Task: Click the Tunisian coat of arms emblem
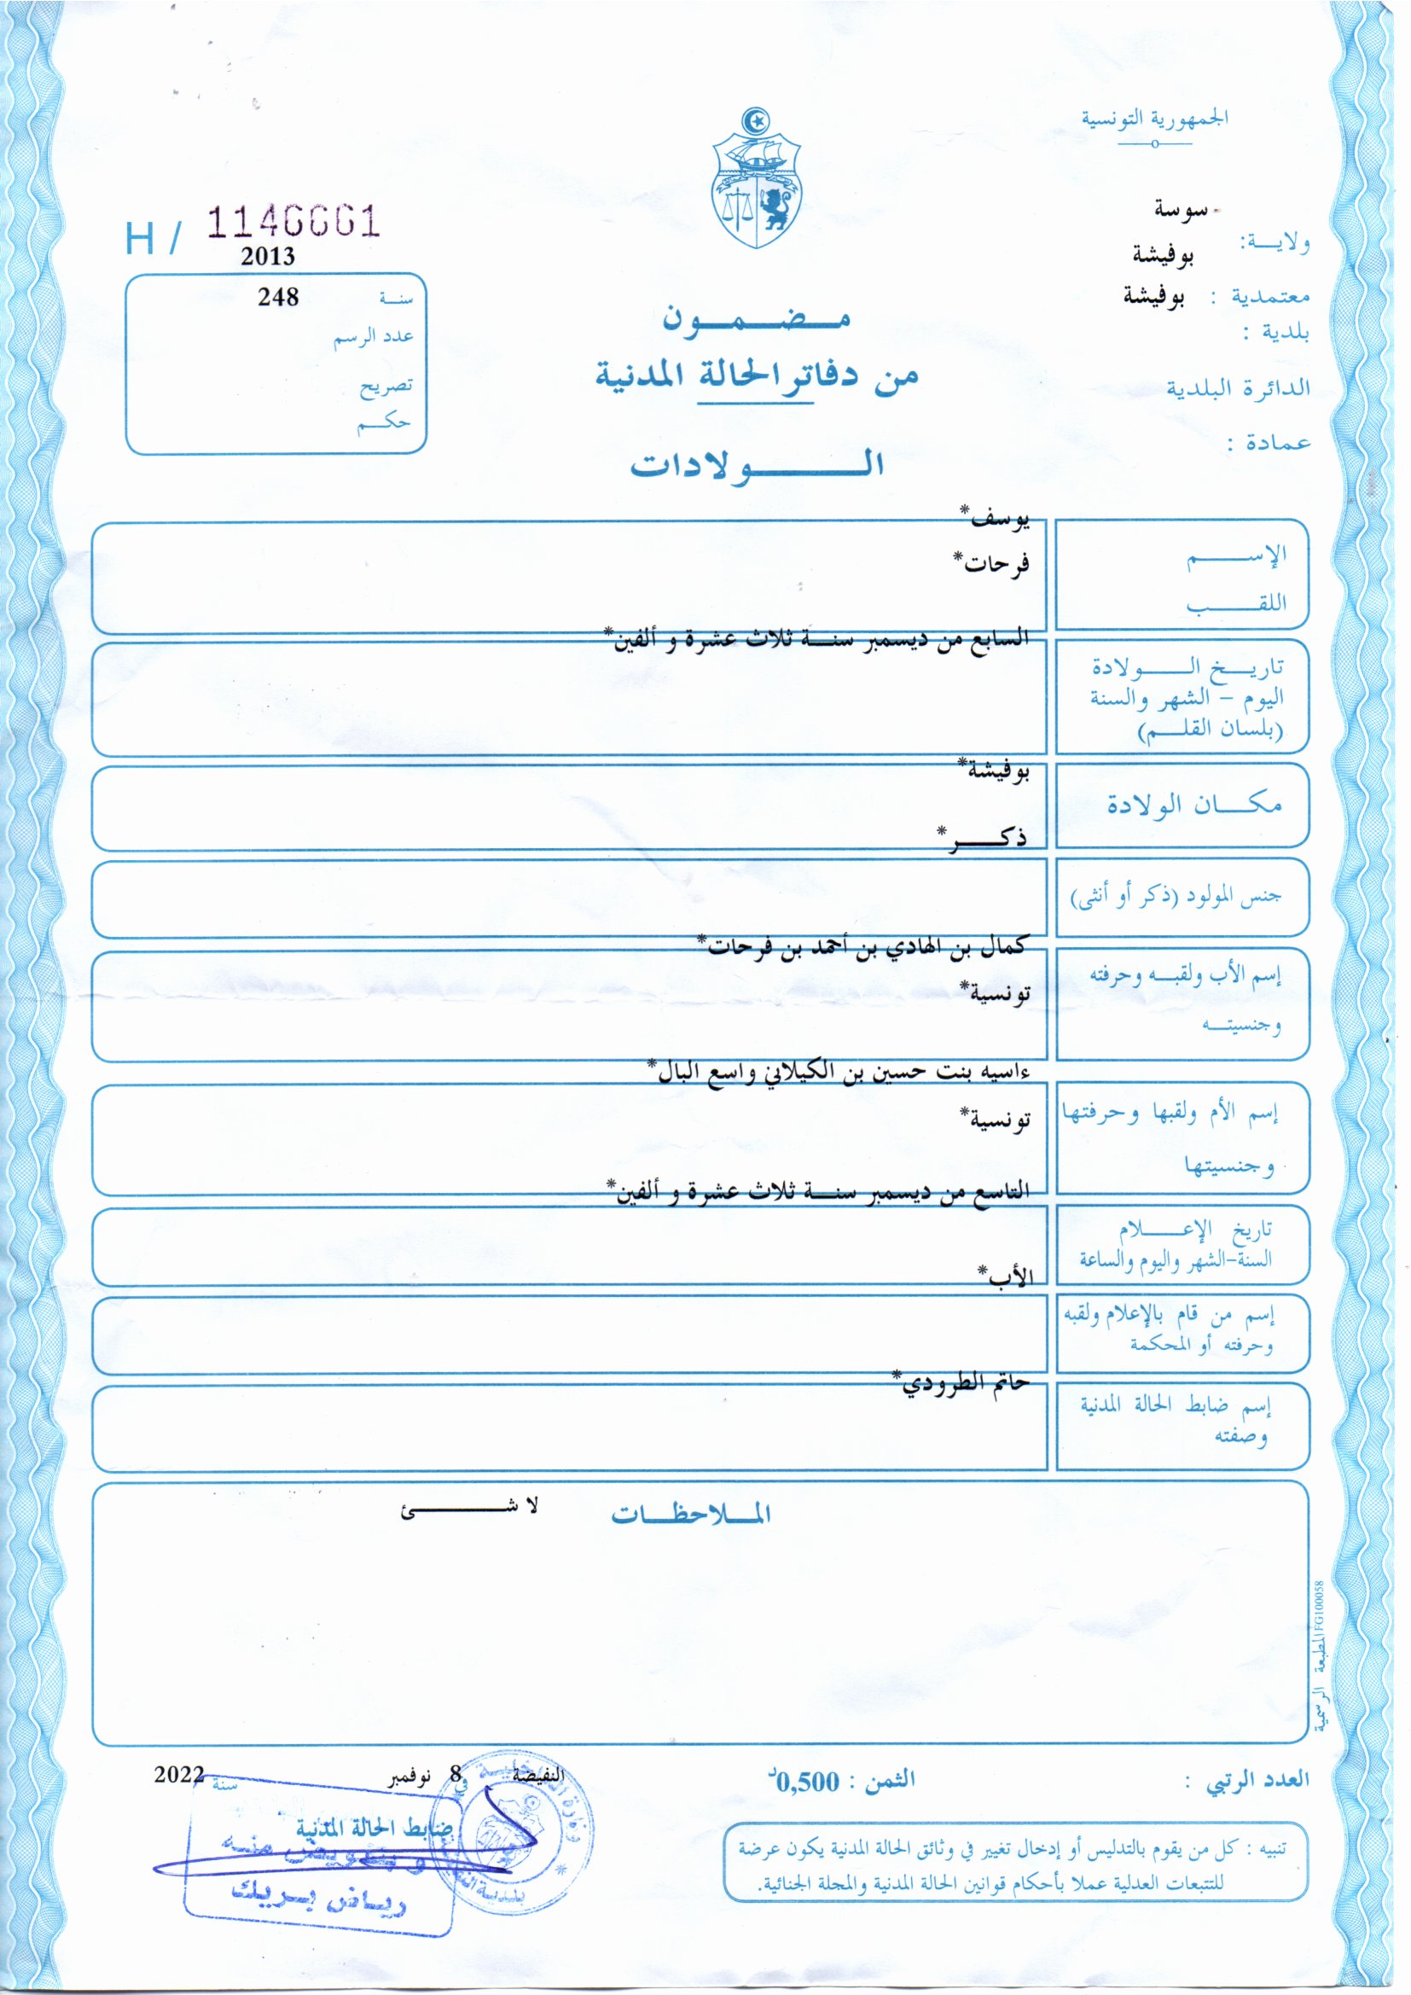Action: (x=755, y=180)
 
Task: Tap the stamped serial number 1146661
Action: (x=293, y=223)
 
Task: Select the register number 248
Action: (x=278, y=297)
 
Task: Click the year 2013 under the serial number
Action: (x=268, y=256)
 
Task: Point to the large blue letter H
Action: (x=141, y=238)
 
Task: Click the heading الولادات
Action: (x=757, y=465)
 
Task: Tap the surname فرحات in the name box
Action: (x=992, y=563)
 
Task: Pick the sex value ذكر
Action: (x=984, y=837)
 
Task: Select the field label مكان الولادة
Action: (x=1193, y=805)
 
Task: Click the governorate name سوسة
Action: (x=1180, y=209)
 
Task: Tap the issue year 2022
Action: (x=179, y=1774)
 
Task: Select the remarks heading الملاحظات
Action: (x=691, y=1515)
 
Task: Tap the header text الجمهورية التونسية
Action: (x=1154, y=118)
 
